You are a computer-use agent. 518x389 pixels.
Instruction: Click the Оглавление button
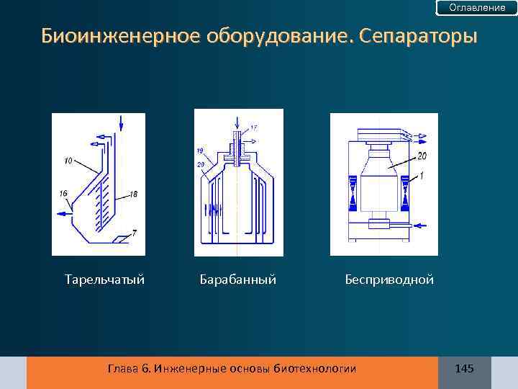click(x=477, y=7)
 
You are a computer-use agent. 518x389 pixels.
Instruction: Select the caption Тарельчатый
click(x=104, y=279)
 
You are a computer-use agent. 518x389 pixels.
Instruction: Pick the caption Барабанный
click(x=237, y=279)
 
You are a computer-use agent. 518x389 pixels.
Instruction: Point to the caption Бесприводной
click(x=388, y=279)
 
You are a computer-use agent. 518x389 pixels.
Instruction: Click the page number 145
click(x=464, y=369)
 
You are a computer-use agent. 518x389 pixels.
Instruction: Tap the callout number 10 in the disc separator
click(x=68, y=161)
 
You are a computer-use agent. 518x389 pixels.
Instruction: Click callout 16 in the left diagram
click(x=64, y=194)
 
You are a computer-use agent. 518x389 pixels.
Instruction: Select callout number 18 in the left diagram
click(x=134, y=194)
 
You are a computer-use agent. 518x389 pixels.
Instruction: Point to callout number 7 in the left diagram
click(x=134, y=233)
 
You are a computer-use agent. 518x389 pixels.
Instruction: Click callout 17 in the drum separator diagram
click(x=254, y=128)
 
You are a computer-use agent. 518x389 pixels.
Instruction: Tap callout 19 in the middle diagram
click(x=199, y=151)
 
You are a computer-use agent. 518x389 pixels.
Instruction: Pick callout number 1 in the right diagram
click(x=422, y=175)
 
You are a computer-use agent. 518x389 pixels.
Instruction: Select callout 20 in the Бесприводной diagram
click(x=421, y=156)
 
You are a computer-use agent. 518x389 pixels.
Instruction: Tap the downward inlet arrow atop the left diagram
click(x=121, y=122)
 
